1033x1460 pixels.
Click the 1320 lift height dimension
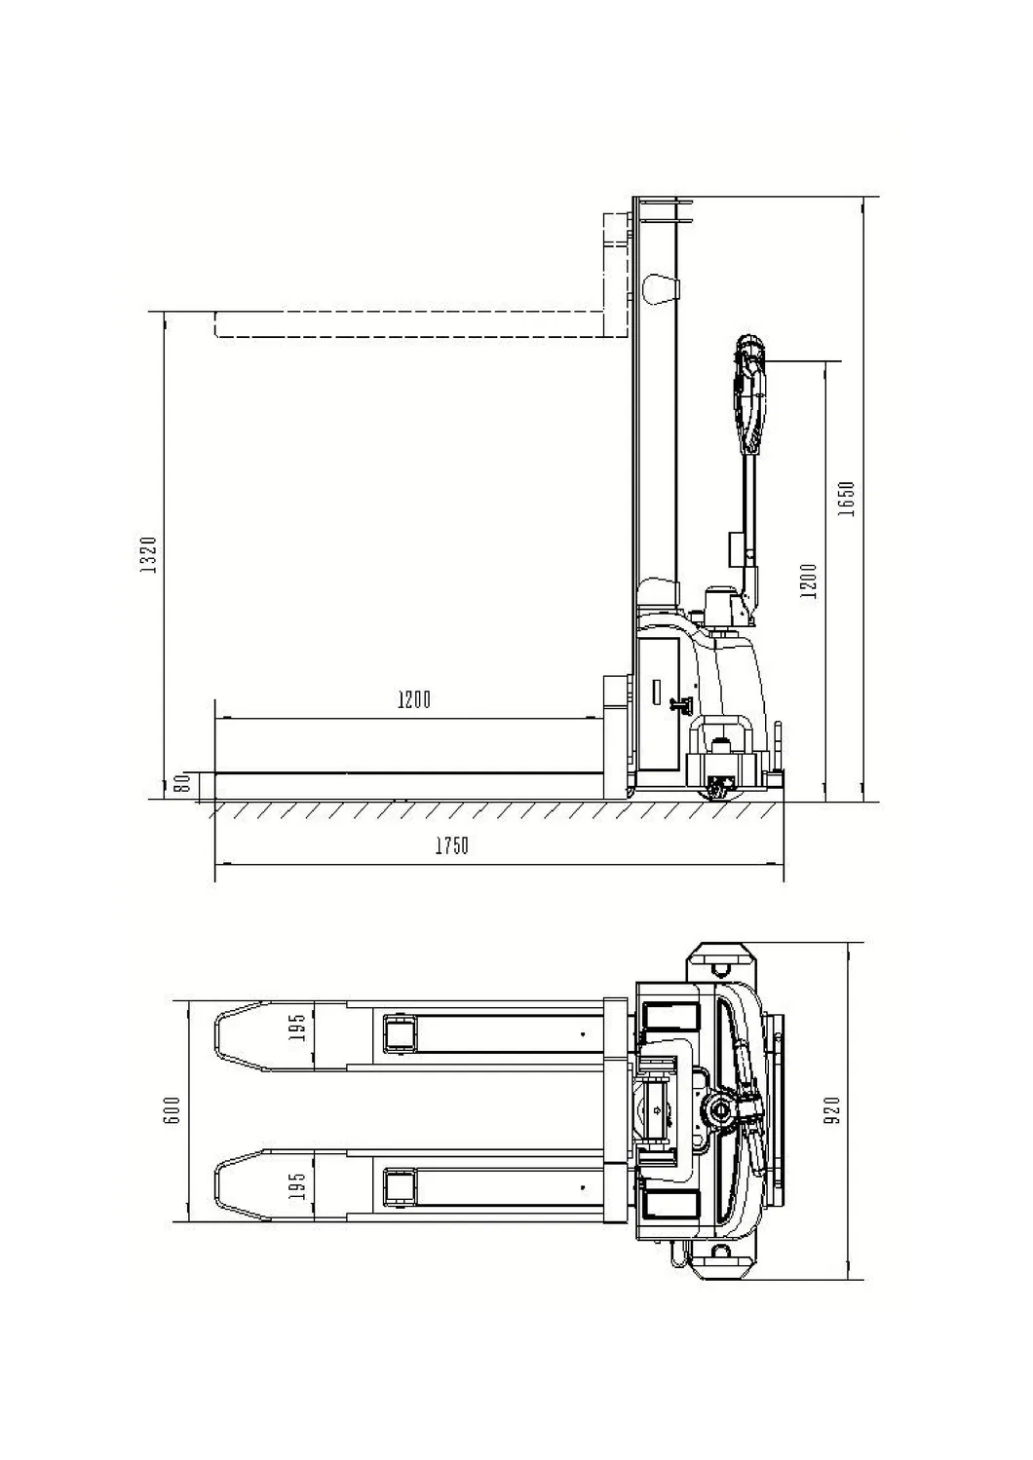click(149, 554)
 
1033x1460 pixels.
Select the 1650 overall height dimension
click(846, 498)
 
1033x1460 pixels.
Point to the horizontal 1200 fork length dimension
click(413, 699)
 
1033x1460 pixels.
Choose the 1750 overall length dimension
click(451, 845)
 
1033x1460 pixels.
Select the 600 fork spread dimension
click(173, 1110)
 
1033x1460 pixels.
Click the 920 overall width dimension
click(831, 1110)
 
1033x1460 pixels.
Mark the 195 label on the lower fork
click(298, 1184)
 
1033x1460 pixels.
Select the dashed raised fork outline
click(409, 324)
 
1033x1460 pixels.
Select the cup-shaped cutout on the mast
click(660, 288)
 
